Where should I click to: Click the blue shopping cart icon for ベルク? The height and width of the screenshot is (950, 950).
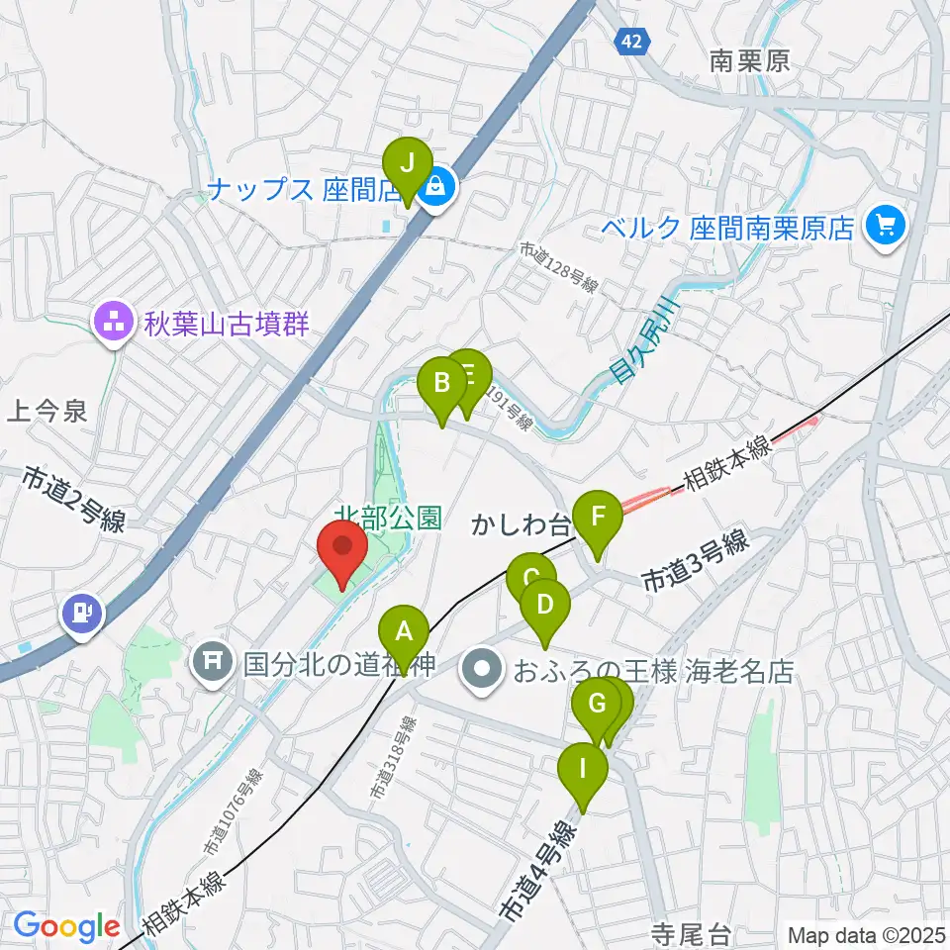pyautogui.click(x=882, y=227)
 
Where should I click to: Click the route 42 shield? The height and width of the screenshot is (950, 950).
pyautogui.click(x=632, y=41)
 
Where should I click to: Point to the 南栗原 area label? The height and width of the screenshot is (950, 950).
pyautogui.click(x=750, y=61)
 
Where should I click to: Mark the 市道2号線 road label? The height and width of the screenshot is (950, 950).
pyautogui.click(x=74, y=501)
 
